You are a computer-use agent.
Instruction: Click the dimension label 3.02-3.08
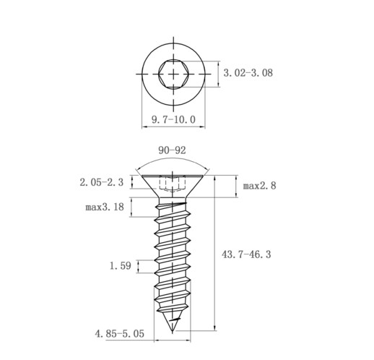pyautogui.click(x=248, y=73)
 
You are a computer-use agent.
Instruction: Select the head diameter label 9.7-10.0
pyautogui.click(x=173, y=119)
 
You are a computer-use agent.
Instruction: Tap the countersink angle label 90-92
pyautogui.click(x=172, y=150)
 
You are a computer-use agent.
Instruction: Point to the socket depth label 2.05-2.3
pyautogui.click(x=102, y=182)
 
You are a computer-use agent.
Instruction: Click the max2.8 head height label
pyautogui.click(x=259, y=186)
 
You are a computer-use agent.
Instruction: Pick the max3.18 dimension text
pyautogui.click(x=105, y=207)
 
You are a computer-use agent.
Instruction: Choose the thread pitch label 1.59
pyautogui.click(x=121, y=266)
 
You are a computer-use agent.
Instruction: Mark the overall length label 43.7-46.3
pyautogui.click(x=246, y=254)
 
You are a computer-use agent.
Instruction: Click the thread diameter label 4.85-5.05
pyautogui.click(x=120, y=334)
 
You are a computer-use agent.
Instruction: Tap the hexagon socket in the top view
pyautogui.click(x=173, y=74)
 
